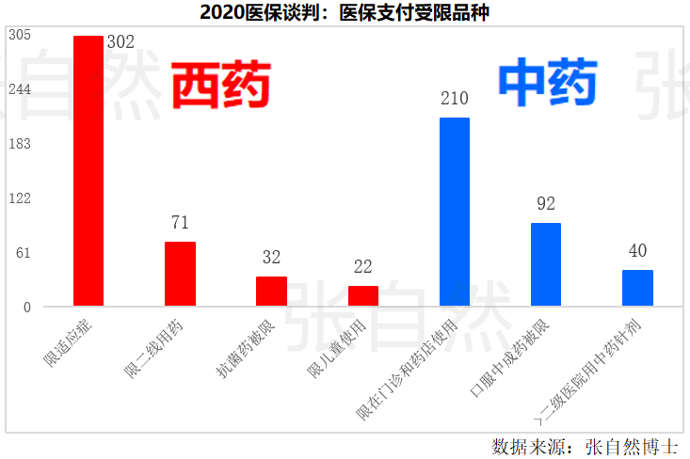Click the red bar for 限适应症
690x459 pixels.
pos(88,171)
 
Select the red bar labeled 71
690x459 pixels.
pos(180,274)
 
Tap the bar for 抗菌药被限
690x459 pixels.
pos(271,291)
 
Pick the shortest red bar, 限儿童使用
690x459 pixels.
pos(363,295)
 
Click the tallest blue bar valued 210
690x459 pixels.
pos(455,212)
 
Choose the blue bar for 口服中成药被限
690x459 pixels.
pos(546,264)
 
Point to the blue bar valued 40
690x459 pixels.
pos(637,288)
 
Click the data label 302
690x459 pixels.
pos(120,42)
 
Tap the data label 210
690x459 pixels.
pos(455,99)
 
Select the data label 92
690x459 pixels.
pos(546,203)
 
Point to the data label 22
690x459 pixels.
pos(363,267)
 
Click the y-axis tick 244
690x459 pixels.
pos(20,89)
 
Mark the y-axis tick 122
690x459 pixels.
pos(20,198)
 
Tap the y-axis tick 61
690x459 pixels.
pos(23,252)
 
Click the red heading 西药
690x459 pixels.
pos(220,85)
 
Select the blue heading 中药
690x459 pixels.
pos(547,83)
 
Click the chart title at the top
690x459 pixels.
pos(345,12)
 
